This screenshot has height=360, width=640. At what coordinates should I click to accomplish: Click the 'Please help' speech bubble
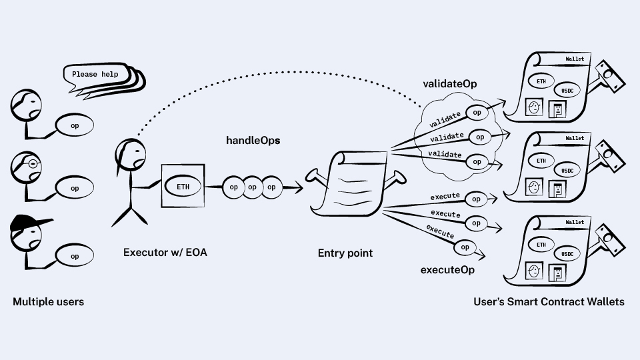[x=95, y=75]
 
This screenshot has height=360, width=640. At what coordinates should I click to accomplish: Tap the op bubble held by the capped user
[x=74, y=256]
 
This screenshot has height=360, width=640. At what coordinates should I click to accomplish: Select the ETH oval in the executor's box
[x=183, y=187]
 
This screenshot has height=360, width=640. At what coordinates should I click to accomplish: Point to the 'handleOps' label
[x=253, y=141]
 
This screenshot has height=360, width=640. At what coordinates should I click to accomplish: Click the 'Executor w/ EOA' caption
[x=165, y=253]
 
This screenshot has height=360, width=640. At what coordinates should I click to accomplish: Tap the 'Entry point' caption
[x=345, y=253]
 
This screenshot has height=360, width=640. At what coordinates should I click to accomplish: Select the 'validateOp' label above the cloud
[x=450, y=85]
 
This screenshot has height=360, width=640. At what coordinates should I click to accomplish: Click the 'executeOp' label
[x=447, y=270]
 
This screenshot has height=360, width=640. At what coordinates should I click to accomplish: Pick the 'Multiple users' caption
[x=49, y=302]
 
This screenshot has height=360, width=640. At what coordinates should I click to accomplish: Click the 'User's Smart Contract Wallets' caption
[x=549, y=302]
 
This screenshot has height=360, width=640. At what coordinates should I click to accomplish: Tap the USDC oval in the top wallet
[x=567, y=90]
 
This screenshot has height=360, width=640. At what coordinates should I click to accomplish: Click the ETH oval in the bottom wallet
[x=541, y=245]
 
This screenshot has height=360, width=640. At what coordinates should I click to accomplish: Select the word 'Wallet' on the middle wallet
[x=575, y=139]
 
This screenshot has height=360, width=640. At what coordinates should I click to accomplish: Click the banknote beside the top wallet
[x=609, y=75]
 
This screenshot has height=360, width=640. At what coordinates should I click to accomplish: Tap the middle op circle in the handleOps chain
[x=252, y=187]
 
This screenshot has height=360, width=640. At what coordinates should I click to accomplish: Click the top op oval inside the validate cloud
[x=477, y=113]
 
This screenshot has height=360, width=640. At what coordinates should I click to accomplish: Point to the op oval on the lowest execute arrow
[x=465, y=247]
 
